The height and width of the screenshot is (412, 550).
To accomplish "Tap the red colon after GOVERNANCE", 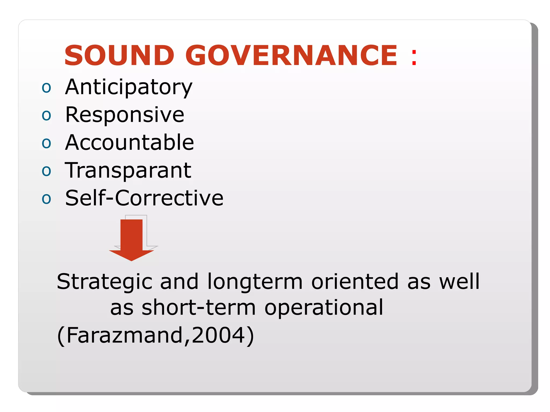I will point(414,57).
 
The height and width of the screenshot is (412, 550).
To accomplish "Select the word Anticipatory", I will point(129,87).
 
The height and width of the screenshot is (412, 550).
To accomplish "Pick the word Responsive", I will point(125,115).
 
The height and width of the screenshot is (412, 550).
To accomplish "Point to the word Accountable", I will point(129,142).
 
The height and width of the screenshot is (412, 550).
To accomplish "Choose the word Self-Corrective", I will point(144,198).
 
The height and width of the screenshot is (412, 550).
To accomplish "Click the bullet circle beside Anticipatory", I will point(46,88).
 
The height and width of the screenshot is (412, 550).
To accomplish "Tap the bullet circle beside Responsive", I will point(46,116).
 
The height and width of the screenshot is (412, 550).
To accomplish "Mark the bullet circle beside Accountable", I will point(46,143).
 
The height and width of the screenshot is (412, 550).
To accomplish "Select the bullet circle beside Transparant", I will point(46,171).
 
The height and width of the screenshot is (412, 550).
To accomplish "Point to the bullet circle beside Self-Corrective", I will point(46,199).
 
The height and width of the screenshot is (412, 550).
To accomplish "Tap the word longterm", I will point(255,282).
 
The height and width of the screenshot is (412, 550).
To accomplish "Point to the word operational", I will point(324,308).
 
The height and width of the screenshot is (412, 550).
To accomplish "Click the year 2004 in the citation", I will point(218,335).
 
